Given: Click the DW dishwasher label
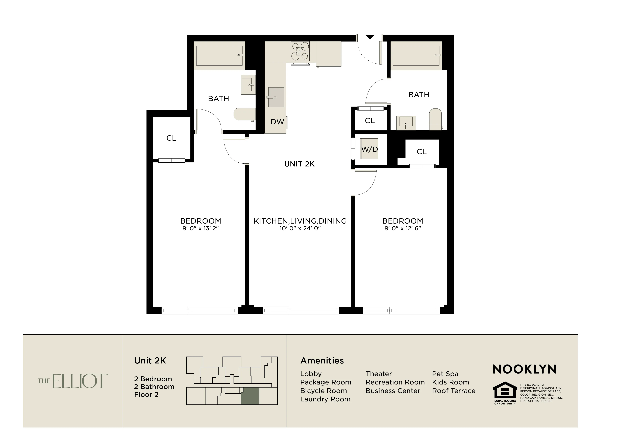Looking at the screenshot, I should (277, 122).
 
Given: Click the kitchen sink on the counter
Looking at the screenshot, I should (276, 97).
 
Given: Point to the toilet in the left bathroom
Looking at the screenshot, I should (244, 114).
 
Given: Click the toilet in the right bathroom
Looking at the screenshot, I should (435, 119).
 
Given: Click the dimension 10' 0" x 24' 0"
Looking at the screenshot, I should (300, 228).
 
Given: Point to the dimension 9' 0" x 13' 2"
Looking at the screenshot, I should (201, 228).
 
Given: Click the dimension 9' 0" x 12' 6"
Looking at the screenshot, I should (403, 228).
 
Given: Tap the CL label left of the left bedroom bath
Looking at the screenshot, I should (171, 138).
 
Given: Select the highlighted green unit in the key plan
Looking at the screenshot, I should (250, 396).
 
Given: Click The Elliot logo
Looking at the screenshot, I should (72, 381).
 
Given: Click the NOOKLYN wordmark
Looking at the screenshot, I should (524, 369).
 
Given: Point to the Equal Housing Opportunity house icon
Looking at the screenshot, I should (505, 390).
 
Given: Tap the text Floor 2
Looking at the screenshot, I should (146, 395).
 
